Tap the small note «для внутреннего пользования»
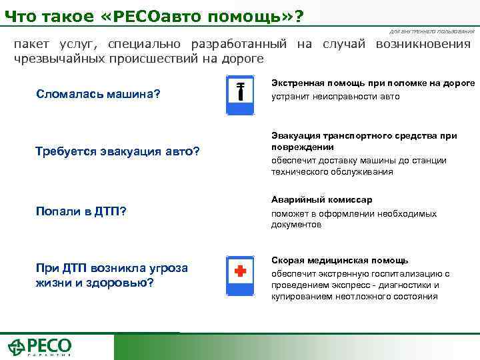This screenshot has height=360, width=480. (x=432, y=32)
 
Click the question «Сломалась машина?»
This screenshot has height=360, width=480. (x=99, y=93)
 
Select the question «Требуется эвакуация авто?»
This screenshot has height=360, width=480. (x=117, y=151)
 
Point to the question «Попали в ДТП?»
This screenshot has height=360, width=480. (x=81, y=211)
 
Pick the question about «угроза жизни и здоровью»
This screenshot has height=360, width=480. (x=112, y=275)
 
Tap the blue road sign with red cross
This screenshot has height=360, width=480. (x=240, y=274)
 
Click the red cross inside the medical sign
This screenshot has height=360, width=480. (x=240, y=271)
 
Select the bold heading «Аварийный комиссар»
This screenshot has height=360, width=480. (x=321, y=200)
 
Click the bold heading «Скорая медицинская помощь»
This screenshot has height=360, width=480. (x=339, y=260)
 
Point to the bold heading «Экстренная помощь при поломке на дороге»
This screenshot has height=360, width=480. (x=373, y=83)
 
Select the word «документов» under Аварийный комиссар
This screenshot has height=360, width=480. (x=296, y=225)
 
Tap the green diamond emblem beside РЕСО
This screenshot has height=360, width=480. (x=16, y=347)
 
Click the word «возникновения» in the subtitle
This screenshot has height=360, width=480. (x=423, y=45)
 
